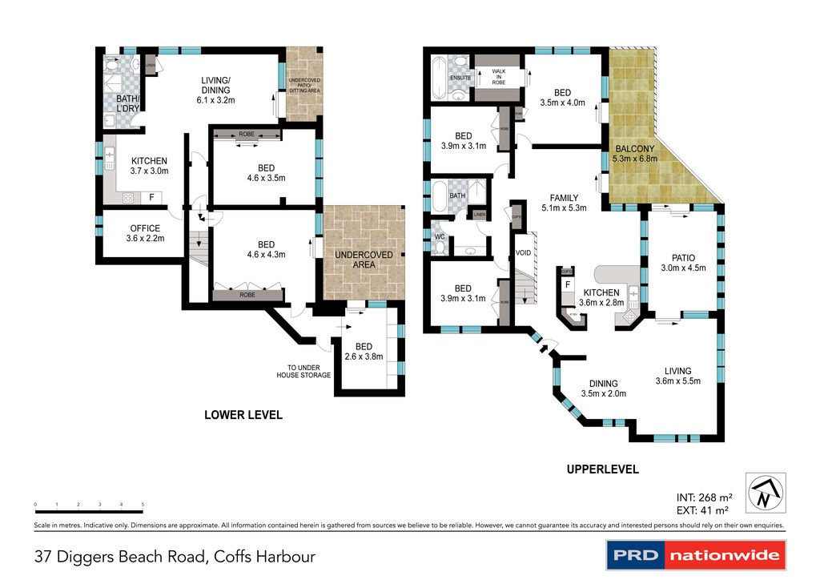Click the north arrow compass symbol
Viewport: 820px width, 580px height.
(766, 493)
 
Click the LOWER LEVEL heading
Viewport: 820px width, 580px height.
(243, 415)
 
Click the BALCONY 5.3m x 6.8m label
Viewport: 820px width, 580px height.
(635, 154)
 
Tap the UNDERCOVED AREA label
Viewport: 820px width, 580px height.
(364, 260)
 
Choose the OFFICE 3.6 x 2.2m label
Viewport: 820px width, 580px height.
(145, 233)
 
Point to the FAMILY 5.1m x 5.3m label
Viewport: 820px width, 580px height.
(564, 203)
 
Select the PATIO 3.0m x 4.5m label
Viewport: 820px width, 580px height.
(683, 263)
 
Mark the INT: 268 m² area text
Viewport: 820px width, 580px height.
(701, 497)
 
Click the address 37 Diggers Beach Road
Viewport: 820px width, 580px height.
(175, 556)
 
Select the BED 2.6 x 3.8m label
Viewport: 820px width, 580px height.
(364, 352)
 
